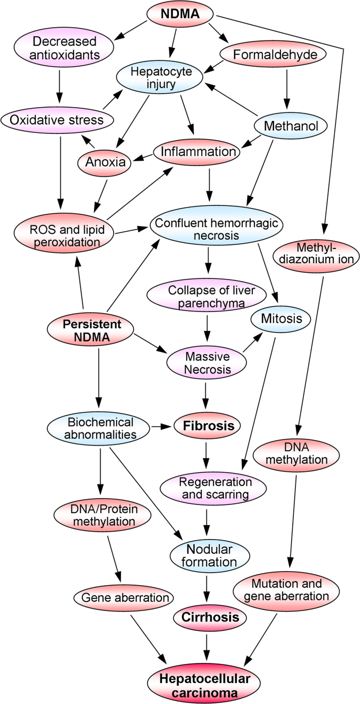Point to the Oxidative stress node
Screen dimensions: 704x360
point(58,120)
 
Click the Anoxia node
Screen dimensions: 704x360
point(105,162)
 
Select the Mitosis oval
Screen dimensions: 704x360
point(281,318)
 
